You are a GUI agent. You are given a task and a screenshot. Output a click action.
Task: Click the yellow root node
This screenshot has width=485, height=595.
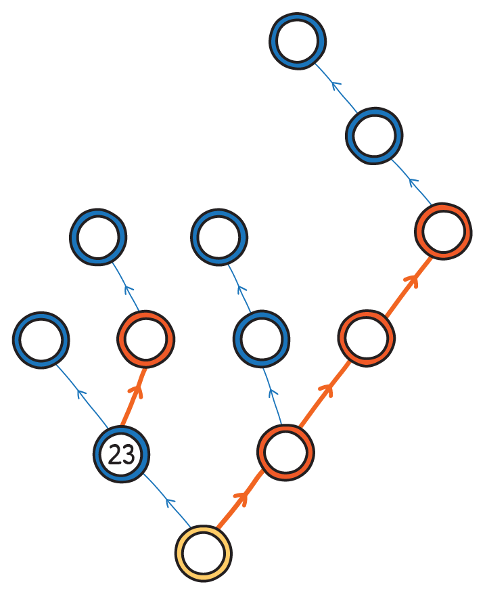[x=203, y=552]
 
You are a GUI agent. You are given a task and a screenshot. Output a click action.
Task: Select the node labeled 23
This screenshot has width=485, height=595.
[x=121, y=454]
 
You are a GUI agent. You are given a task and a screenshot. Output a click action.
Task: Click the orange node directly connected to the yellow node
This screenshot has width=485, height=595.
[x=285, y=452]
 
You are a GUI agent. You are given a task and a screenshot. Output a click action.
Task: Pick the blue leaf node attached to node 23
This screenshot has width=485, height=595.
[x=41, y=339]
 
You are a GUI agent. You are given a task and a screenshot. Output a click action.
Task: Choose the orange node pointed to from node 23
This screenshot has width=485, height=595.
[x=145, y=338]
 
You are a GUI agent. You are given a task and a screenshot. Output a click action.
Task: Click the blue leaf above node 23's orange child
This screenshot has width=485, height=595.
[x=98, y=237]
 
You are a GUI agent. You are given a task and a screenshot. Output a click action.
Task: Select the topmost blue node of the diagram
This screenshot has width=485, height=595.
[x=298, y=40]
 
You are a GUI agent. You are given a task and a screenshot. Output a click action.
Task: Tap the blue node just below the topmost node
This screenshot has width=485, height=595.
[x=374, y=135]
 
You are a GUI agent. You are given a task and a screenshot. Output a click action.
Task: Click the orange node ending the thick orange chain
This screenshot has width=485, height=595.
[x=443, y=231]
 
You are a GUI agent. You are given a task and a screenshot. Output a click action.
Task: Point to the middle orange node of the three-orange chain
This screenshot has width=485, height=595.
[x=367, y=338]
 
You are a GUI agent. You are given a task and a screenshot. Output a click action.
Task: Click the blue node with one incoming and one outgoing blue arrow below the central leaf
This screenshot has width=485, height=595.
[x=261, y=338]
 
